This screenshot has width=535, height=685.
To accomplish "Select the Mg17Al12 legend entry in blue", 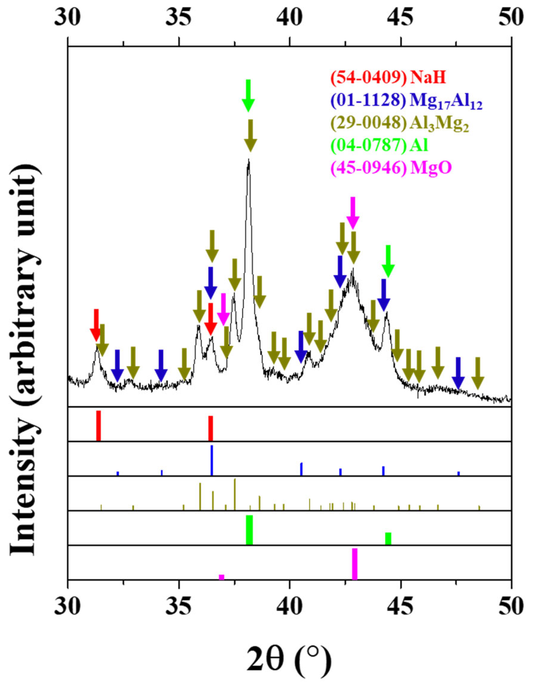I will (406, 100).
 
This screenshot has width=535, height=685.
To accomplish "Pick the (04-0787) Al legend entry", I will (380, 146).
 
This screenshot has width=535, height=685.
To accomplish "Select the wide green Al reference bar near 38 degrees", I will (249, 530).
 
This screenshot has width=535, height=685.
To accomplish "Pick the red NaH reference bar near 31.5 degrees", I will (99, 426).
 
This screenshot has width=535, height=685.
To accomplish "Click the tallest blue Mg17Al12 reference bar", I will (212, 460).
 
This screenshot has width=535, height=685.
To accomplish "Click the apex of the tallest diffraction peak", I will (249, 161).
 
